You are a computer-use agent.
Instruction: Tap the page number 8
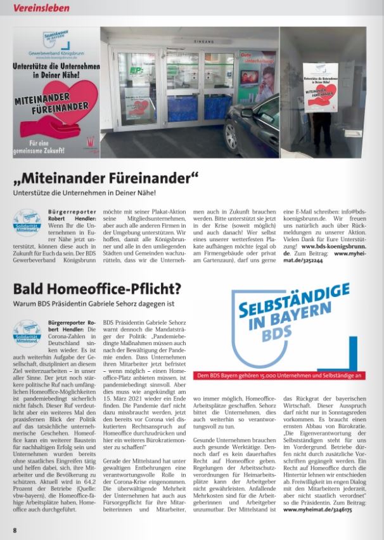pyautogui.click(x=15, y=529)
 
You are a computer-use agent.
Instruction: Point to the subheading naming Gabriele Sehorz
pyautogui.click(x=98, y=304)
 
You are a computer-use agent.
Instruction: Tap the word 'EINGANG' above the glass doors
pyautogui.click(x=191, y=40)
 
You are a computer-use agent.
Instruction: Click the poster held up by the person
pyautogui.click(x=320, y=86)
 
